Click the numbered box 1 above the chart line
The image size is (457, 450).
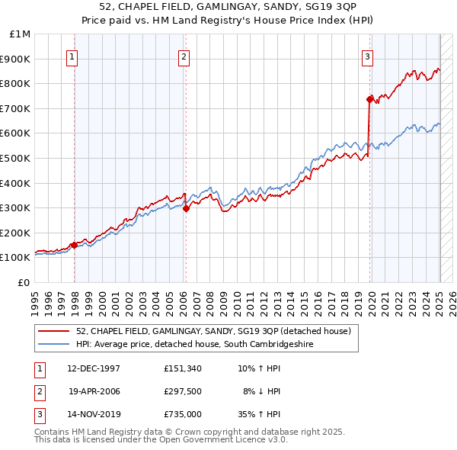tap(71, 56)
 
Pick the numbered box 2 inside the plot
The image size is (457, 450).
tap(184, 56)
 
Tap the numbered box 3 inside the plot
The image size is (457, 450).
tap(367, 56)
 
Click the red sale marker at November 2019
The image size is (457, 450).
tap(370, 99)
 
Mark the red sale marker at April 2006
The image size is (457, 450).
tap(186, 207)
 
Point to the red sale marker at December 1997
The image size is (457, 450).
tap(74, 244)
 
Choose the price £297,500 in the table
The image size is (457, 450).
tap(182, 391)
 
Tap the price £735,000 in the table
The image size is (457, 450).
tap(182, 414)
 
